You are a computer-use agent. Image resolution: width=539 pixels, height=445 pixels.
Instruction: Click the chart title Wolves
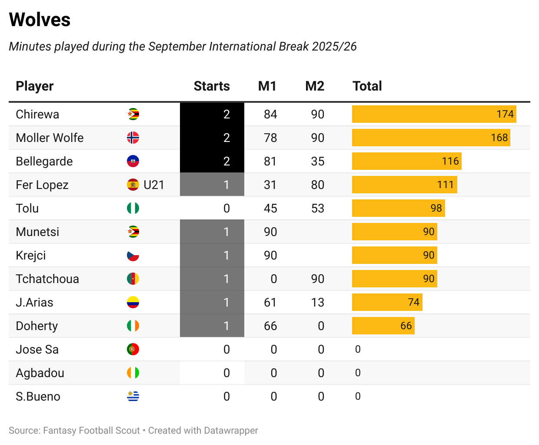tap(40, 20)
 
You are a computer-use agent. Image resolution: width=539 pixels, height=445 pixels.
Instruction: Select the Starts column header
tap(212, 86)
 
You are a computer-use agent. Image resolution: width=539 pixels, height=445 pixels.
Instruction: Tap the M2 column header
tap(315, 86)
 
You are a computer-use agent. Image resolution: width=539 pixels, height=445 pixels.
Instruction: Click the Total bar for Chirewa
tap(434, 114)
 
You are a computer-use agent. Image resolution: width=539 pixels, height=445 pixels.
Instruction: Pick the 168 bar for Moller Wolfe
tap(431, 138)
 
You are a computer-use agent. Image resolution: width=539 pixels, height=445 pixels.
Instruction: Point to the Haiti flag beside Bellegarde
tap(133, 161)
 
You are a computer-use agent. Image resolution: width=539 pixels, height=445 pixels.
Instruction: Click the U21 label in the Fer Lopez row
tap(154, 185)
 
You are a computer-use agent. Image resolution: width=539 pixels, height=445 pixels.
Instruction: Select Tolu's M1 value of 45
tap(270, 208)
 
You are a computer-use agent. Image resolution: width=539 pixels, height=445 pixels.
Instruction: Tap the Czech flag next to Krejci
tap(133, 255)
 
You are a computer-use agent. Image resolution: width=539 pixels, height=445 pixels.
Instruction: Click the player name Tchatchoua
tap(47, 279)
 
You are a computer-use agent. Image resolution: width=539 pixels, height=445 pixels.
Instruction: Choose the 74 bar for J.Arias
tap(387, 302)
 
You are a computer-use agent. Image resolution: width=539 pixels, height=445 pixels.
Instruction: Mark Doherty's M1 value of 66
tap(270, 326)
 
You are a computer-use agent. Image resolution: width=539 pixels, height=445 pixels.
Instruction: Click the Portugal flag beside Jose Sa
tap(133, 349)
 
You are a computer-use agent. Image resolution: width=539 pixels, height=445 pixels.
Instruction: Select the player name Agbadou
tap(40, 373)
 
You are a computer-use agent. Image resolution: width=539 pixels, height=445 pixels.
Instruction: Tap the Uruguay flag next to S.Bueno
tap(133, 396)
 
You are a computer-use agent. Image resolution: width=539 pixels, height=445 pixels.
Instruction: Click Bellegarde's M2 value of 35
tap(318, 161)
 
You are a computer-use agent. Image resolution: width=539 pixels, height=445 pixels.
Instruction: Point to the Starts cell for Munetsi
tap(212, 232)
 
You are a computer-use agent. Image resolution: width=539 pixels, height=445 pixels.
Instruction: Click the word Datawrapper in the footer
tap(231, 431)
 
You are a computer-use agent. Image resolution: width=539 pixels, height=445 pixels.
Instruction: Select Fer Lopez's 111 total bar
tap(404, 185)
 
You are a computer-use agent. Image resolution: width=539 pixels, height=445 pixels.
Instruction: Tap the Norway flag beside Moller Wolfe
tap(133, 138)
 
